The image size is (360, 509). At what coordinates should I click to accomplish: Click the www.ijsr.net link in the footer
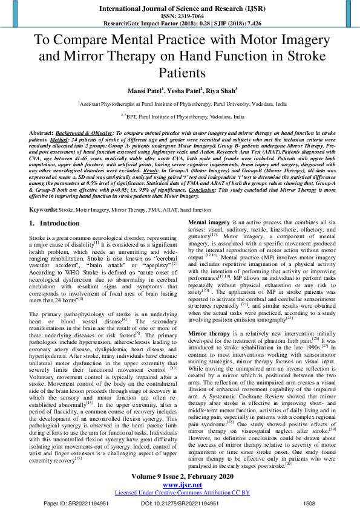tap(179, 485)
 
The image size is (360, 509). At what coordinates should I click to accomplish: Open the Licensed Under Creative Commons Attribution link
tap(180, 493)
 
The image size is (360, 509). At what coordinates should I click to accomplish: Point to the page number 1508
tap(309, 503)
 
